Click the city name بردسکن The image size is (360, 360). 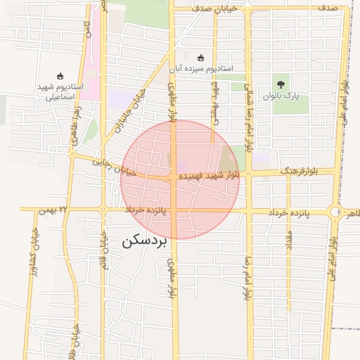pyautogui.click(x=146, y=241)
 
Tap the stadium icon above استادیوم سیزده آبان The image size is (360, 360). pyautogui.click(x=201, y=58)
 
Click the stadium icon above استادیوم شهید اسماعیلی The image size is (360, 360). pyautogui.click(x=60, y=76)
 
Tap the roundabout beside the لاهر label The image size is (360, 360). pyautogui.click(x=335, y=211)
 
